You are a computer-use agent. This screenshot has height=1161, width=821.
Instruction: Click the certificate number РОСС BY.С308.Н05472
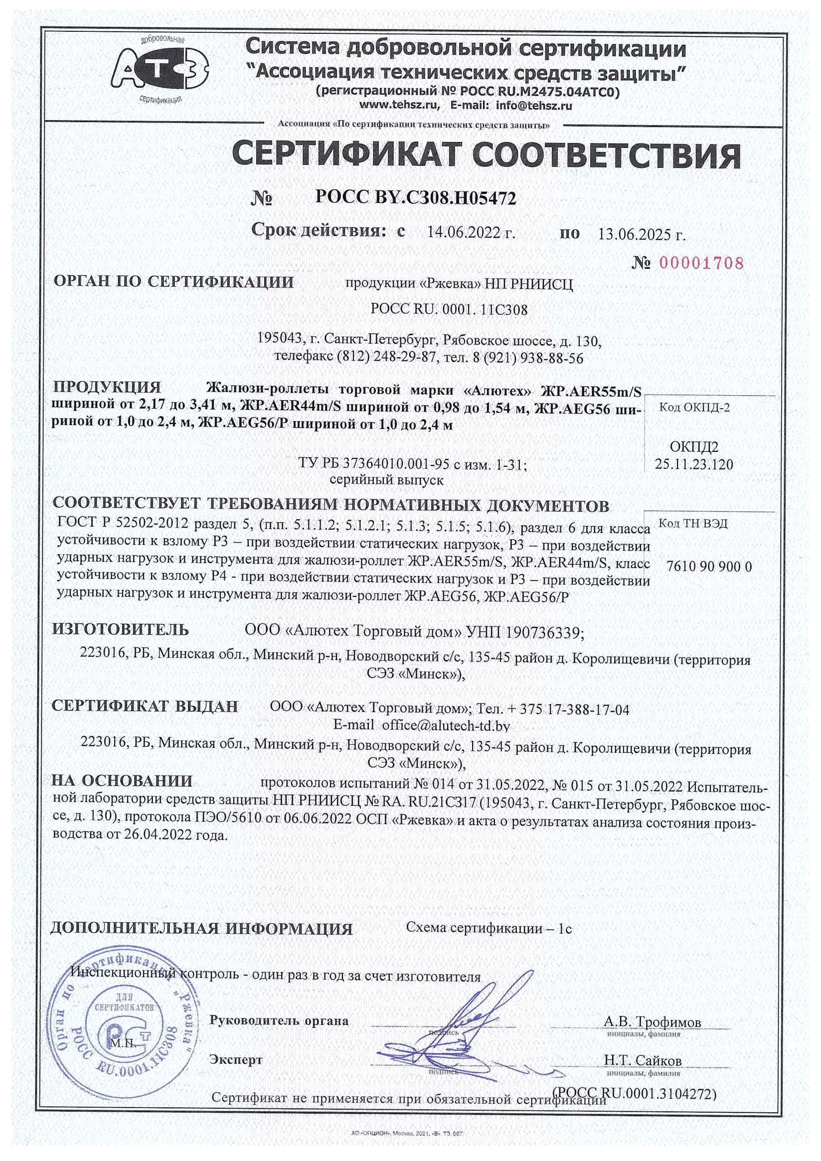[415, 198]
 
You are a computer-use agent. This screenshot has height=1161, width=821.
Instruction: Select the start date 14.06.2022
[471, 233]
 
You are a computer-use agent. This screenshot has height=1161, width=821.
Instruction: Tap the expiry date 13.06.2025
[641, 234]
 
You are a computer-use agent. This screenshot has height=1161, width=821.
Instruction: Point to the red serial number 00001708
[702, 263]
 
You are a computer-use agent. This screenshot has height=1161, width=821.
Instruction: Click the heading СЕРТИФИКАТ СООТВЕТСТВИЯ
[486, 155]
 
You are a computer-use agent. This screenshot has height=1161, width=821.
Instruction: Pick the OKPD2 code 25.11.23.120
[693, 464]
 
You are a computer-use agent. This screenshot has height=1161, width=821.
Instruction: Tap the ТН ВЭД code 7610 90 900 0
[709, 566]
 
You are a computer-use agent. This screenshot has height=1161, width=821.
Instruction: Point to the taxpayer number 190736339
[545, 632]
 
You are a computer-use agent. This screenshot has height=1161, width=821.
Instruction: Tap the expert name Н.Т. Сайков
[642, 1060]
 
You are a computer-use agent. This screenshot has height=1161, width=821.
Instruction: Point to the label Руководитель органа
[279, 1020]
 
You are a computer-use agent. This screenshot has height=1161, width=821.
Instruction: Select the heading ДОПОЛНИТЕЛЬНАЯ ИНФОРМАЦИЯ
[202, 929]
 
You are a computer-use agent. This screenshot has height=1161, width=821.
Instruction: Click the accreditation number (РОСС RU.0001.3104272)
[635, 1093]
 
